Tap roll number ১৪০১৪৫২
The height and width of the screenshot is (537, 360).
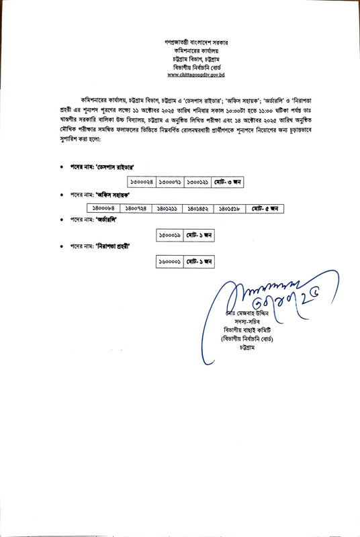pos(199,209)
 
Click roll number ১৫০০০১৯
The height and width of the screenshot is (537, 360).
pos(169,236)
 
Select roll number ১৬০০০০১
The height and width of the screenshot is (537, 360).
pos(169,261)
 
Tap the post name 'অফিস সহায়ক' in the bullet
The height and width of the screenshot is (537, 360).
pos(111,195)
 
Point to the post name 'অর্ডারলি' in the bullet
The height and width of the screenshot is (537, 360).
pos(106,220)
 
